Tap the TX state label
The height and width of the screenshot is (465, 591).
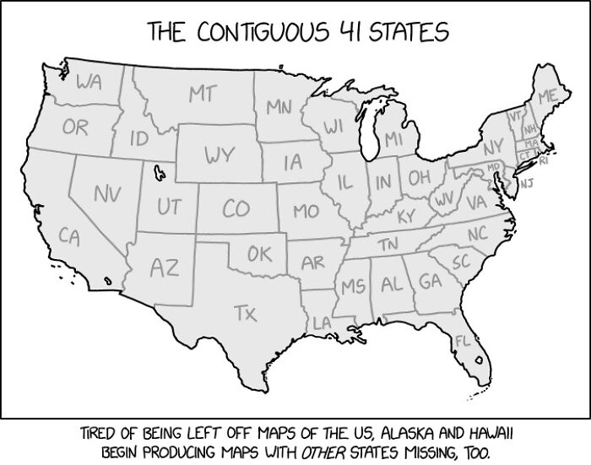[244, 314]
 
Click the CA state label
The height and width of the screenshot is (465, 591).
[71, 237]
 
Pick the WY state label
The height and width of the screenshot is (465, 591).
[218, 155]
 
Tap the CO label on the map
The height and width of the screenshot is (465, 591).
[236, 208]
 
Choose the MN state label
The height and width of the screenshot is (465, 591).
[279, 107]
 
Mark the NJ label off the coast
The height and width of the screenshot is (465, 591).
[526, 182]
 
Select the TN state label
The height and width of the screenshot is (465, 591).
[388, 244]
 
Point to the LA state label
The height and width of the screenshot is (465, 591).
[322, 322]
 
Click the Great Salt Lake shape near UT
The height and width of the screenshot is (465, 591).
[157, 174]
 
